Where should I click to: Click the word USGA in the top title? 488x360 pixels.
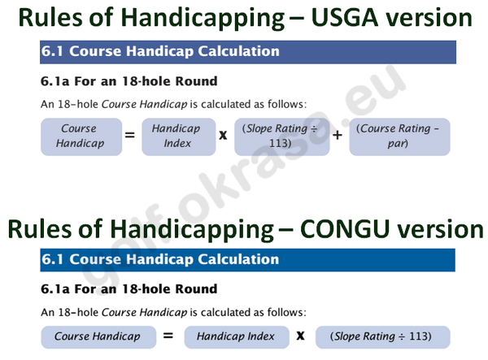click(x=345, y=17)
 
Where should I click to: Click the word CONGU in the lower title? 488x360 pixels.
click(x=345, y=229)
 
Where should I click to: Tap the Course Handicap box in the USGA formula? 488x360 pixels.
click(x=81, y=137)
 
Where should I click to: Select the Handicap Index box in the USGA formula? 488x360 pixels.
click(x=179, y=137)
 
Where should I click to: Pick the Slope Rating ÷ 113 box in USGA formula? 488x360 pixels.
click(x=282, y=137)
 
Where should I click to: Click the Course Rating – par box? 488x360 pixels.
click(x=399, y=137)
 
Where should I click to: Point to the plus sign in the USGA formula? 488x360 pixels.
click(x=338, y=135)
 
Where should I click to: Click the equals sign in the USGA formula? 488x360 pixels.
click(x=130, y=135)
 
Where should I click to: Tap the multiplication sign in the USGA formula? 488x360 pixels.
click(x=223, y=135)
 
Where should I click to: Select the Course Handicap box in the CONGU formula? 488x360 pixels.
click(x=98, y=337)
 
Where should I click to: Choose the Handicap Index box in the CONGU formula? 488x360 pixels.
click(x=237, y=337)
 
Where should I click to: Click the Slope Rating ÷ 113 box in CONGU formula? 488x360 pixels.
click(x=383, y=337)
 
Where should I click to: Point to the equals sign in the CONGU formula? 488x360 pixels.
click(x=168, y=336)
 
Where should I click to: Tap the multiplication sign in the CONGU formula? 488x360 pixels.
click(x=300, y=336)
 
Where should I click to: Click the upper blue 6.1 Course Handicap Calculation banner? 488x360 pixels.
click(x=248, y=52)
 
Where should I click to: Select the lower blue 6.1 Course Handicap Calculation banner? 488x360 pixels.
click(x=248, y=260)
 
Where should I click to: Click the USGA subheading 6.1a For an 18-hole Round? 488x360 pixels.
click(x=129, y=81)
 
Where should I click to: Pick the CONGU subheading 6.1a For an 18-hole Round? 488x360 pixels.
click(x=129, y=289)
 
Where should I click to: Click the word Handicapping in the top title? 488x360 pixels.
click(x=204, y=19)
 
